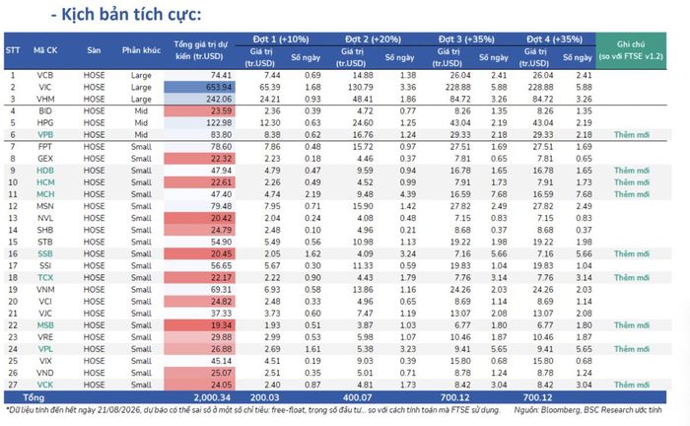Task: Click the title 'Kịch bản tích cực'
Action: point(131,15)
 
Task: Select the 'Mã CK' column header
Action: point(45,50)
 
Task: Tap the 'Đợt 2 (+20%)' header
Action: point(374,39)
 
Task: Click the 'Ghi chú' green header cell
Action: point(631,50)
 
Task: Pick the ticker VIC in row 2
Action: point(45,87)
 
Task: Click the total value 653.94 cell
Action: point(199,87)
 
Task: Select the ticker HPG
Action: point(45,123)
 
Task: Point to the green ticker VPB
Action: point(45,135)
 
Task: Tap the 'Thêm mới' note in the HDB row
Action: point(632,171)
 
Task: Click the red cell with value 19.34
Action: point(199,325)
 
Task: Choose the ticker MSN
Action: point(45,206)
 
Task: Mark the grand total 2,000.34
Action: point(212,397)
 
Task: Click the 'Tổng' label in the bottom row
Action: point(34,397)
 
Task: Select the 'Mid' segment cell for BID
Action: point(141,110)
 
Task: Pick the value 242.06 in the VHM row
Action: point(199,99)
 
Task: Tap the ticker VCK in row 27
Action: point(45,385)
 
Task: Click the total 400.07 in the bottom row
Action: point(357,397)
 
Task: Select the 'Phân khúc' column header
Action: point(141,50)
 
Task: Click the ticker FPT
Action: point(45,147)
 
